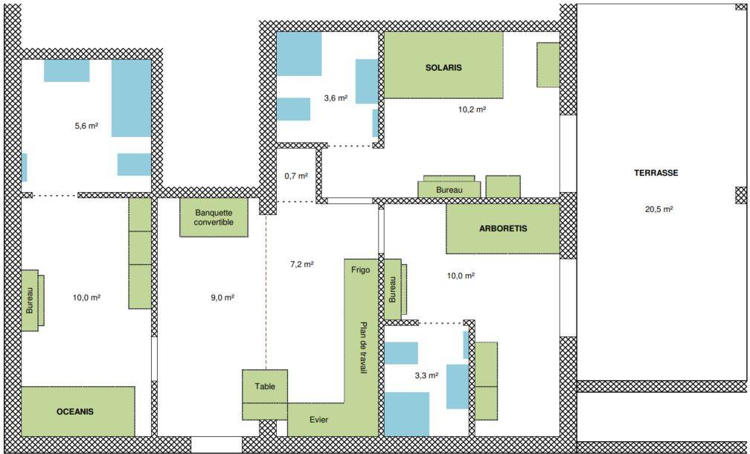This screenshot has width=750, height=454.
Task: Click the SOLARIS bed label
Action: [x=443, y=68]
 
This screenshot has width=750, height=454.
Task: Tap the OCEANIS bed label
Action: [x=75, y=412]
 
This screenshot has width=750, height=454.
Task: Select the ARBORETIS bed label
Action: [x=503, y=228]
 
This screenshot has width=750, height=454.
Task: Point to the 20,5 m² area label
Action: [x=659, y=209]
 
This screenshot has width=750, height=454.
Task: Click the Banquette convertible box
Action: [x=214, y=217]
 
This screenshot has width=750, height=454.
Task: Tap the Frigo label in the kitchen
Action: [x=360, y=270]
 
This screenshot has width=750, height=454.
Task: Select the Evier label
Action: [x=318, y=420]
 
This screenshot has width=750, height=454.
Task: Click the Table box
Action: [x=265, y=386]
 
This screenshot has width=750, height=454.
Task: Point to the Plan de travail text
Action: [x=364, y=347]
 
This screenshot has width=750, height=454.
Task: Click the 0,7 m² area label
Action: [x=296, y=176]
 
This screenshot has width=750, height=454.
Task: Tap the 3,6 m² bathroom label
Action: [x=336, y=98]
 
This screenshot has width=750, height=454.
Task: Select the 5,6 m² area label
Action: [x=86, y=127]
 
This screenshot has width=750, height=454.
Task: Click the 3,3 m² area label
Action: [x=426, y=376]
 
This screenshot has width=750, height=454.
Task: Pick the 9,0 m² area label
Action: [x=222, y=298]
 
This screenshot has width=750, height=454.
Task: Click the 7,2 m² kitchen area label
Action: [x=302, y=264]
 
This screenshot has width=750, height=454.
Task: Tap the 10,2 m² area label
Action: [x=472, y=109]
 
